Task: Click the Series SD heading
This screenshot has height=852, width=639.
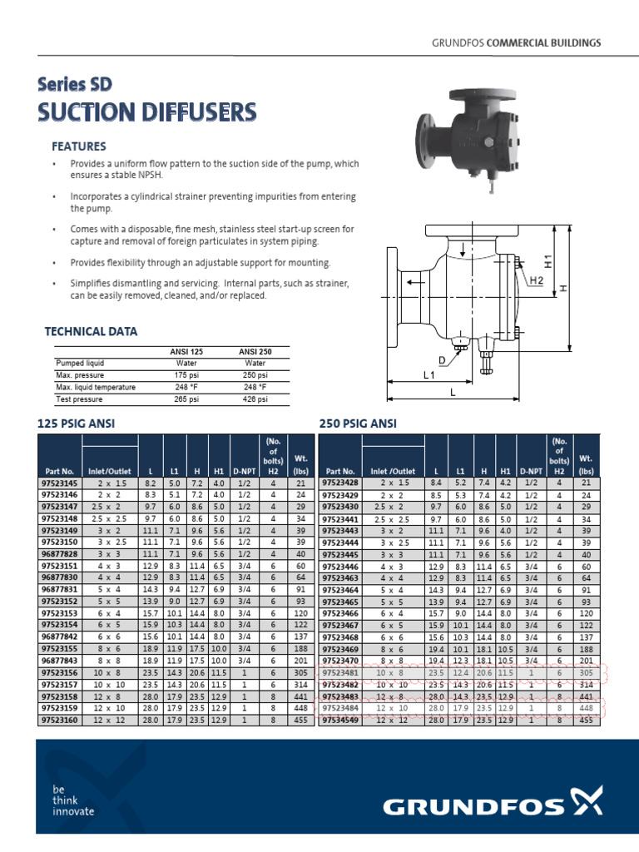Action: pyautogui.click(x=75, y=84)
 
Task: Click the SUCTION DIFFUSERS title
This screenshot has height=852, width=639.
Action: pyautogui.click(x=146, y=112)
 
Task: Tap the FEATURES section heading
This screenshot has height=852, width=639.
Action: pyautogui.click(x=79, y=146)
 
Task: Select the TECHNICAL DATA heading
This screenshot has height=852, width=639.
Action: pyautogui.click(x=91, y=332)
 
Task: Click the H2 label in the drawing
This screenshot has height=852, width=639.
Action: pyautogui.click(x=537, y=281)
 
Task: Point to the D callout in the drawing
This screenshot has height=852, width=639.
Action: pyautogui.click(x=443, y=359)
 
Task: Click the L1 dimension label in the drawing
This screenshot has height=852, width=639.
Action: pyautogui.click(x=428, y=376)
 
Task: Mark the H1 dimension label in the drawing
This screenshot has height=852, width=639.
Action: pyautogui.click(x=547, y=260)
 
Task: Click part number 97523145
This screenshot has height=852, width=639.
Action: pyautogui.click(x=58, y=483)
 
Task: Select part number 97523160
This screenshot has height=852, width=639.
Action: pyautogui.click(x=58, y=721)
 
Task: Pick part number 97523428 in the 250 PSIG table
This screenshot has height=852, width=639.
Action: pyautogui.click(x=340, y=483)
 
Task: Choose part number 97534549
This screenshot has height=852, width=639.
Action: pyautogui.click(x=340, y=721)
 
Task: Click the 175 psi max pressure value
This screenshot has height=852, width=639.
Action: pyautogui.click(x=186, y=375)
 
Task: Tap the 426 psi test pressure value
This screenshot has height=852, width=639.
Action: pyautogui.click(x=255, y=399)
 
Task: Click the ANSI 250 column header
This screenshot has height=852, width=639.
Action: pyautogui.click(x=255, y=352)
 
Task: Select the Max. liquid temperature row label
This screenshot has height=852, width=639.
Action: pyautogui.click(x=95, y=388)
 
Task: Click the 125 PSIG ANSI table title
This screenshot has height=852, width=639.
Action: pyautogui.click(x=77, y=424)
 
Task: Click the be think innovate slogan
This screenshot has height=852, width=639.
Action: pyautogui.click(x=73, y=800)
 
